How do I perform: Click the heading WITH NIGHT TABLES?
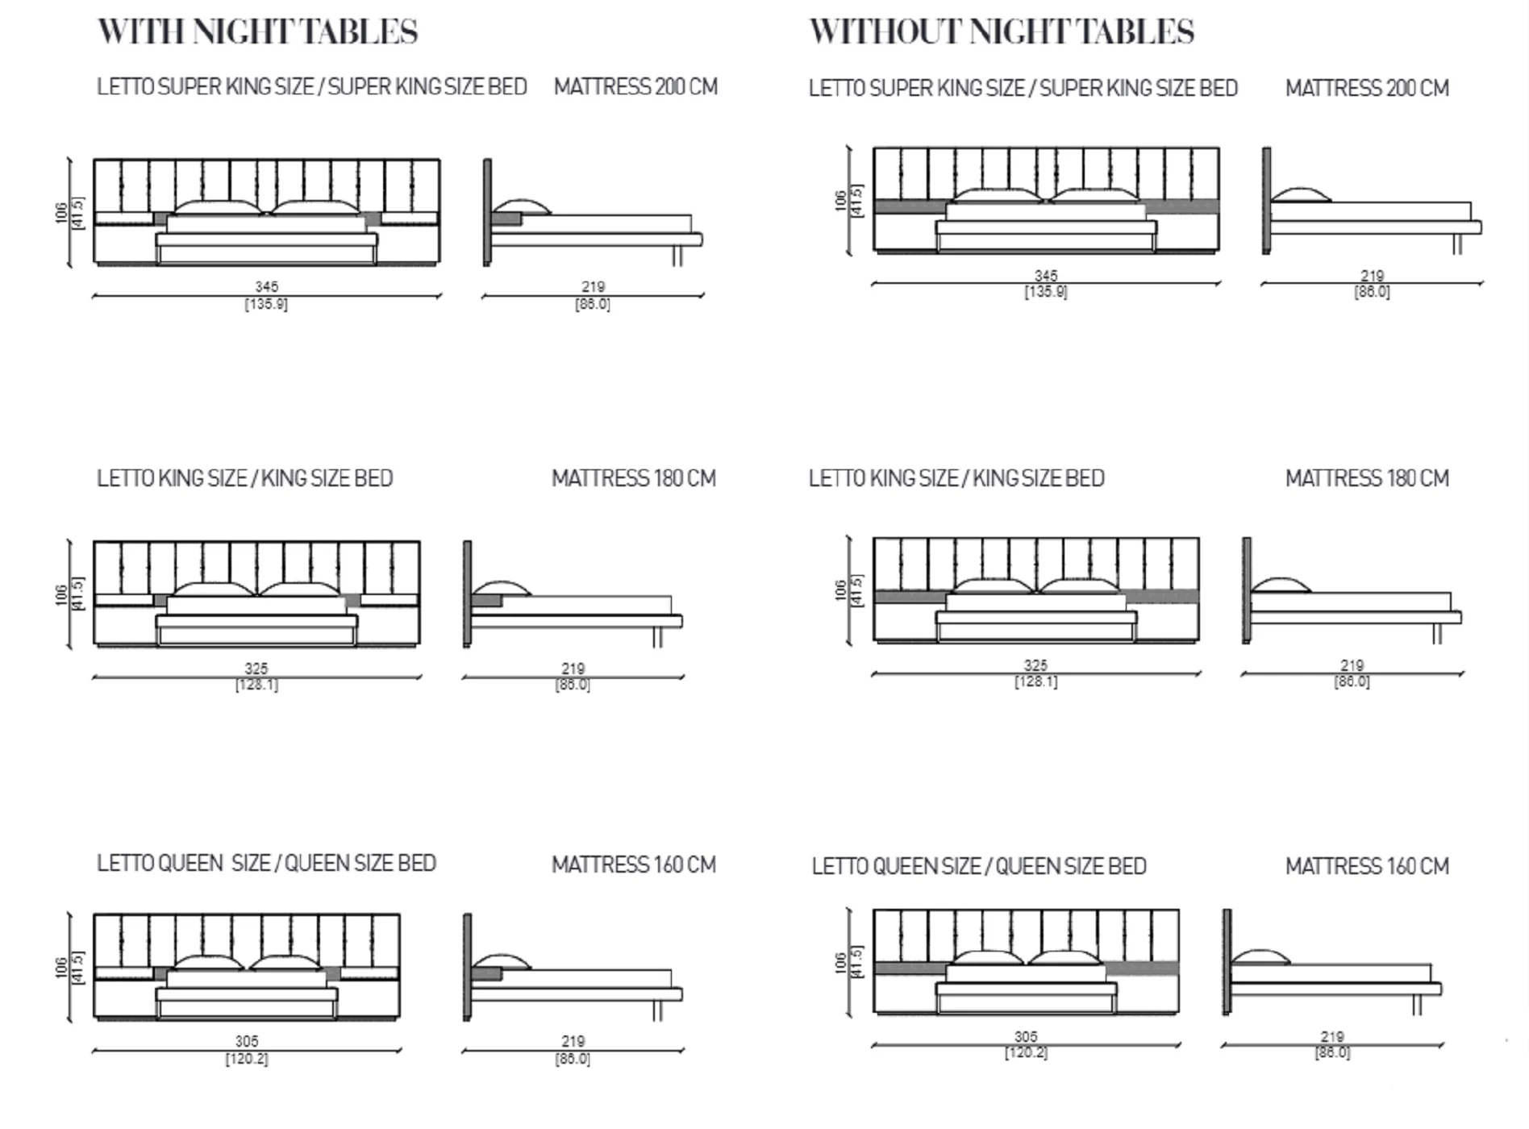pos(257,32)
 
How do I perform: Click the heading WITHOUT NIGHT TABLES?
pos(1001,32)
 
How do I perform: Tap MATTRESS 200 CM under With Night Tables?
pos(635,87)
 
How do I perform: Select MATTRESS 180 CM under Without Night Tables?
pos(1367,478)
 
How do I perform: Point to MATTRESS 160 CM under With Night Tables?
pos(634,864)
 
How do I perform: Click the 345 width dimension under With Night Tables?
pos(267,286)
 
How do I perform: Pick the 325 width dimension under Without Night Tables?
pos(1035,665)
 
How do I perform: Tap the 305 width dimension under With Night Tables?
pos(247,1041)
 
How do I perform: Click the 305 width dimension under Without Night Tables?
pos(1026,1036)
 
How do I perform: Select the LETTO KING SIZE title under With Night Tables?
pos(244,478)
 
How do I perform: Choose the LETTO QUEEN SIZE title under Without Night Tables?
pos(979,866)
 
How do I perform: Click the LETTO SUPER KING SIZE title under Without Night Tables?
pos(1023,88)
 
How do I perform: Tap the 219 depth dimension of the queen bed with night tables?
pos(573,1041)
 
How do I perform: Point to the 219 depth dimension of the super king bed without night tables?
pos(1372,276)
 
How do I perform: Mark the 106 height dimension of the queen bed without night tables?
pos(840,963)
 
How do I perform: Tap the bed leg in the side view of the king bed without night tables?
pos(1437,634)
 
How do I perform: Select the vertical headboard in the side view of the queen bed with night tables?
pos(467,967)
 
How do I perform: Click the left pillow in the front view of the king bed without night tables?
pos(993,586)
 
